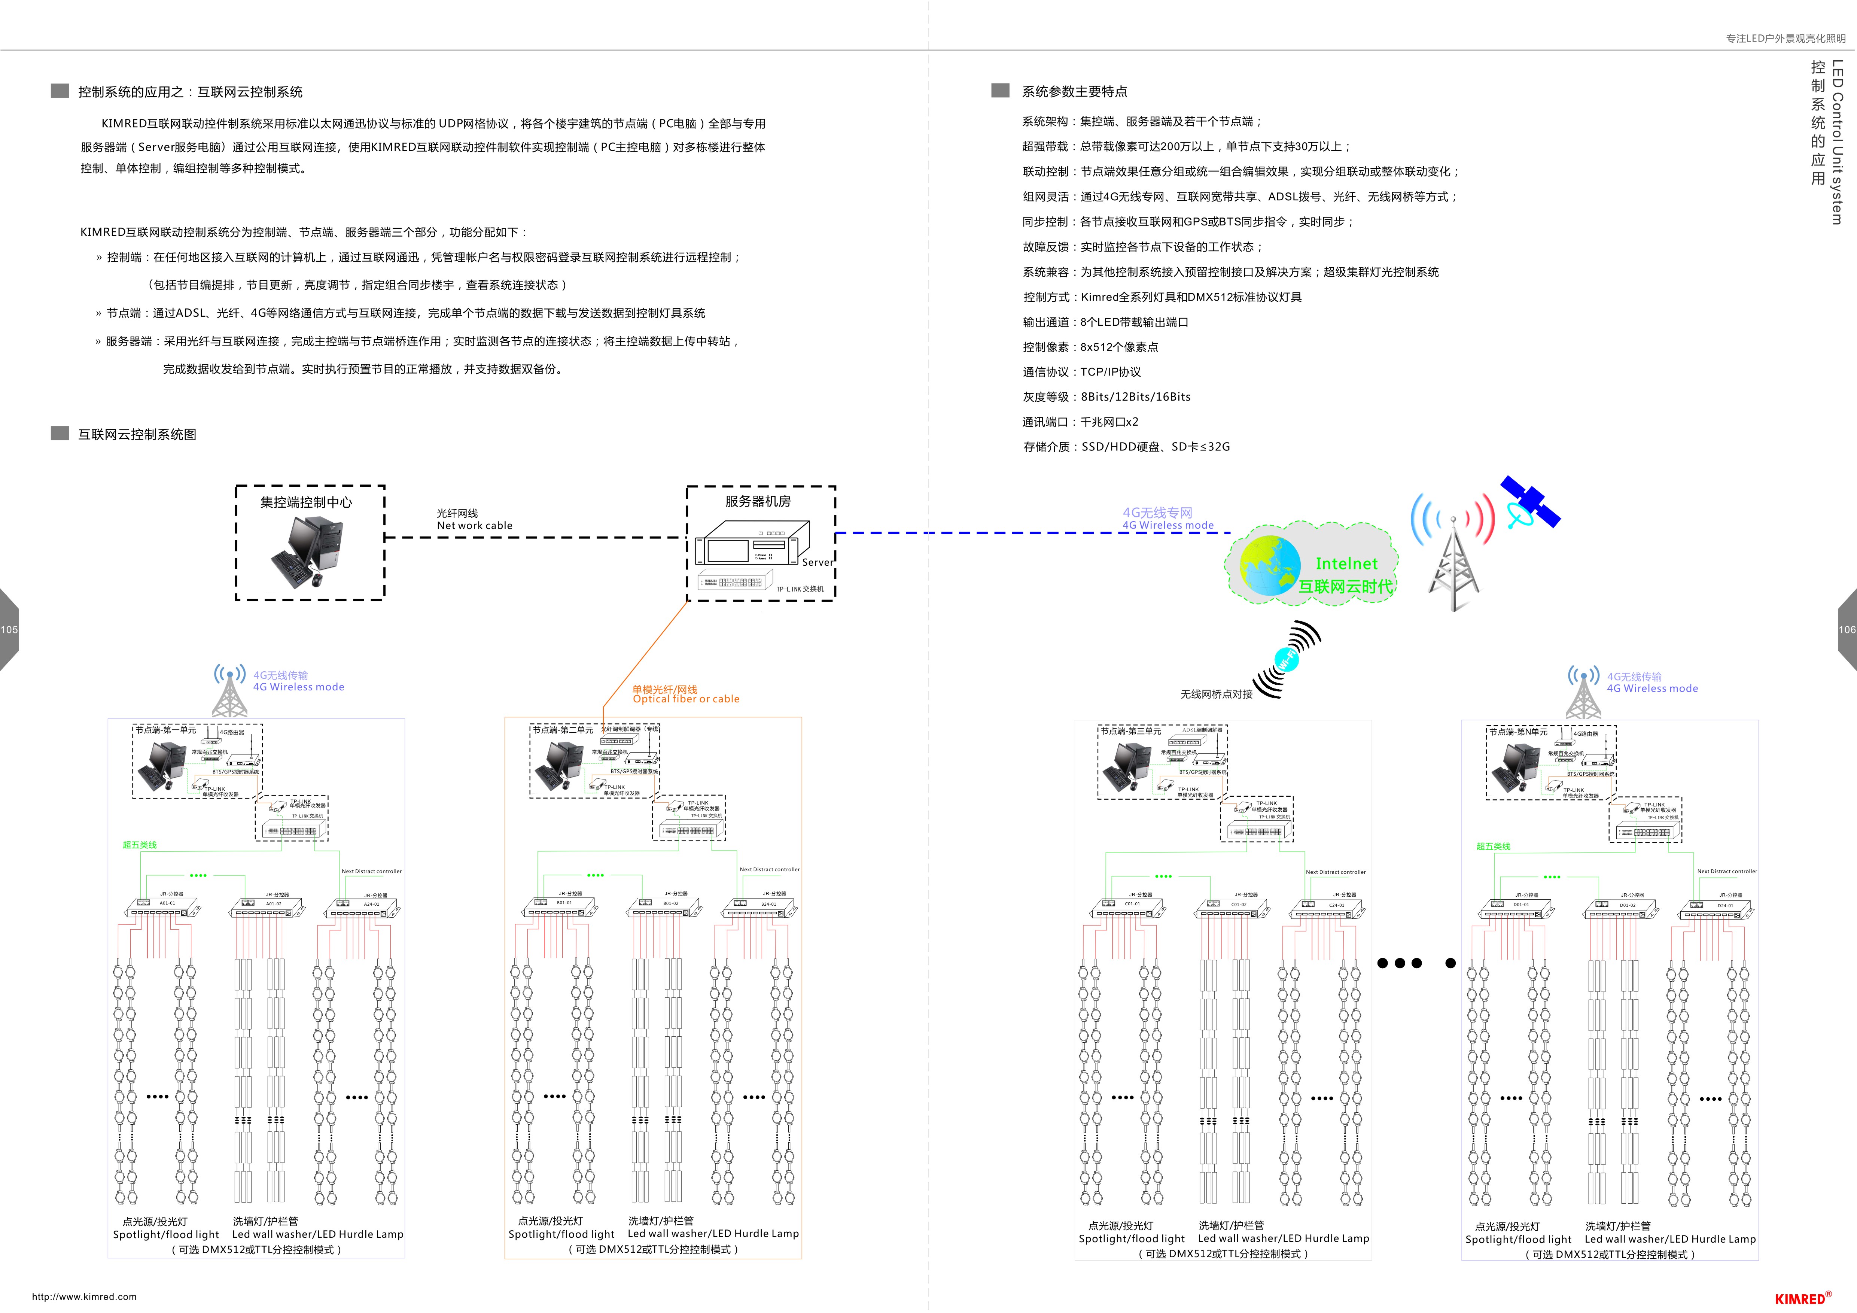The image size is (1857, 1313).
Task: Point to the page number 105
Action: pos(9,629)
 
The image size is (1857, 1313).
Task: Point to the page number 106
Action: pos(1847,629)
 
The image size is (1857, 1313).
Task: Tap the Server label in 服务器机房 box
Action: pos(817,562)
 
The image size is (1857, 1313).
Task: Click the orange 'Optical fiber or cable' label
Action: pos(686,699)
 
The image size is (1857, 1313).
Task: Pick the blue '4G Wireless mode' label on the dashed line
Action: pos(1168,525)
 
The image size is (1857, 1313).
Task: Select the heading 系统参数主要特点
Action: pos(1074,91)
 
